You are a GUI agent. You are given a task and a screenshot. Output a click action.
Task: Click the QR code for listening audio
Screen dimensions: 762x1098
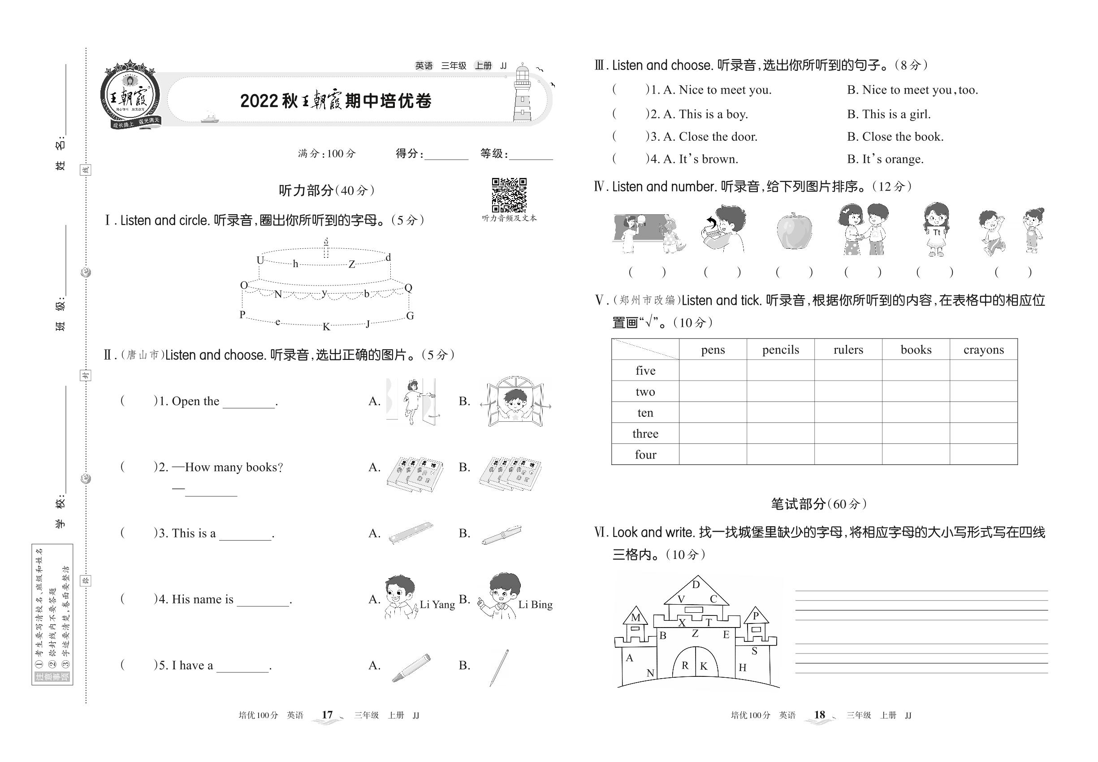509,195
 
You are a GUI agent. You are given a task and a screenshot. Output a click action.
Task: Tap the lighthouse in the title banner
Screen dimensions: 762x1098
522,94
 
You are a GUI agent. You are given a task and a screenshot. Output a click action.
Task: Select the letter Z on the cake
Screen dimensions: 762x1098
352,264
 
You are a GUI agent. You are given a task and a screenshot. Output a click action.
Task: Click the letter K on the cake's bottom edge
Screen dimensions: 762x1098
327,327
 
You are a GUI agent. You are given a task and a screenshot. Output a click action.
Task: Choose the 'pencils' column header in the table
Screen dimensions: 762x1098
781,350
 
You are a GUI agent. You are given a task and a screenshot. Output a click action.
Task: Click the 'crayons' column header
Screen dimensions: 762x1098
983,350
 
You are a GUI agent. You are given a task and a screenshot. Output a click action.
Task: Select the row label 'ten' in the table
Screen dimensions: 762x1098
645,412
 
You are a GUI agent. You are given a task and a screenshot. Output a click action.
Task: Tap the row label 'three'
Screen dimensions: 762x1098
645,433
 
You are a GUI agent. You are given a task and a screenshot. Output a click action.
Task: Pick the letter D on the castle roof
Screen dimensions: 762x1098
696,584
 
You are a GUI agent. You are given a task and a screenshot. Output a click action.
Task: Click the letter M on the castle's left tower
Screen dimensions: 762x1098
635,617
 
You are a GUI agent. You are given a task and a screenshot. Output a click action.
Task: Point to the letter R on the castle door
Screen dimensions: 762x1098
685,666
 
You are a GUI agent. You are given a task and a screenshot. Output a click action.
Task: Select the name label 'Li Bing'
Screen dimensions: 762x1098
535,604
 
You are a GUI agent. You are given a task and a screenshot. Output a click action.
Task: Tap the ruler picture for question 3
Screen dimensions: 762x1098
411,533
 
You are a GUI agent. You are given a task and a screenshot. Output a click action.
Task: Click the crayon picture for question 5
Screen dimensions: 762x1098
411,667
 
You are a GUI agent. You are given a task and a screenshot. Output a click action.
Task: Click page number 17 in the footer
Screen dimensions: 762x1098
327,715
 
